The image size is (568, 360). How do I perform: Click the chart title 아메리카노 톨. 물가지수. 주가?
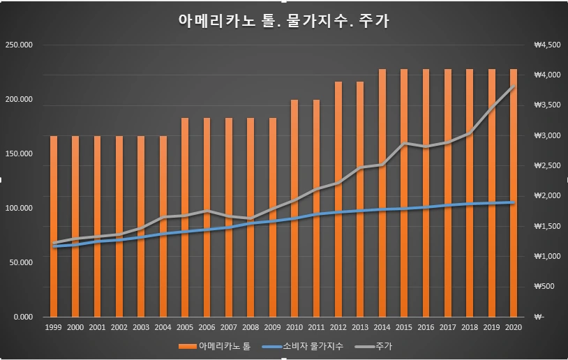tap(284, 21)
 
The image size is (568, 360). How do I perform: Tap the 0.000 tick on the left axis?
tap(24, 317)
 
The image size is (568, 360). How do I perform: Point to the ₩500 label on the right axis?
tap(544, 287)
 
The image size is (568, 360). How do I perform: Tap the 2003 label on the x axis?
tap(142, 327)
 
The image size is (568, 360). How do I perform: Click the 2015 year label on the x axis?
tap(404, 327)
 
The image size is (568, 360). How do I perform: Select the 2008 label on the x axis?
tap(251, 327)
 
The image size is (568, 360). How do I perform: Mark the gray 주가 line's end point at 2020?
tap(513, 87)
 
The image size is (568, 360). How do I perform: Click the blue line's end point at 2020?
tap(513, 202)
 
